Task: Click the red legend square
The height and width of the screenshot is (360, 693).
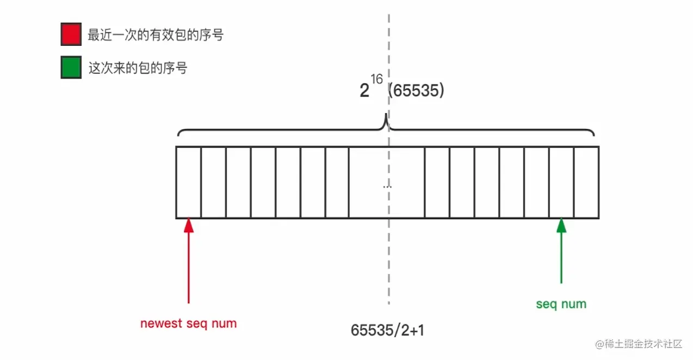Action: (71, 34)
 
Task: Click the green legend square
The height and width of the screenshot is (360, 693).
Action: (71, 67)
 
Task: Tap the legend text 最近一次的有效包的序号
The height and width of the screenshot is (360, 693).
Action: (156, 35)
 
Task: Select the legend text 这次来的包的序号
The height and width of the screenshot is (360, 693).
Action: (138, 68)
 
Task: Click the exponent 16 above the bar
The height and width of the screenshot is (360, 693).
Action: (377, 79)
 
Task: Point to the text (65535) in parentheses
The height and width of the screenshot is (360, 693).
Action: (417, 90)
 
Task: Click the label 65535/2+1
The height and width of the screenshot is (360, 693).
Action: (387, 330)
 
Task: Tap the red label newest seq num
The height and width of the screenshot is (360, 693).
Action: (188, 324)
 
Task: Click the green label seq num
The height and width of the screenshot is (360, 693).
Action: (561, 304)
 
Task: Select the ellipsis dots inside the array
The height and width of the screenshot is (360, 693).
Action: (387, 186)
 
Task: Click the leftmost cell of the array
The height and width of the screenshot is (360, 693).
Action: (189, 182)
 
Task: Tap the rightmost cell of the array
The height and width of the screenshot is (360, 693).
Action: (586, 182)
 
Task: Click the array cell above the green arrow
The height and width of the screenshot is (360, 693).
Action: (561, 182)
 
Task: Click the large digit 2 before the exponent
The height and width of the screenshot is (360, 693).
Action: (364, 91)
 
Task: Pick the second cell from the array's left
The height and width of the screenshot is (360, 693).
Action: (214, 182)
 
